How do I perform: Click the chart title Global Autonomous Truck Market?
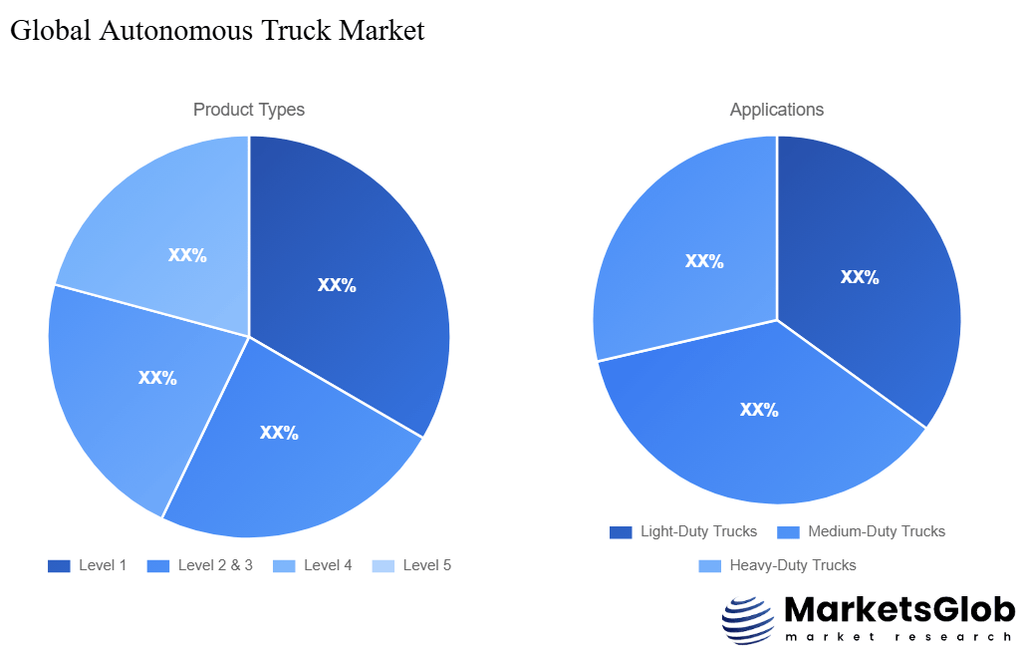tap(217, 31)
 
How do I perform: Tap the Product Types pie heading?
tap(249, 110)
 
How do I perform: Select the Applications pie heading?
tap(777, 110)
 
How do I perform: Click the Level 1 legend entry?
tap(88, 565)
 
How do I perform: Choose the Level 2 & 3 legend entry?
tap(200, 565)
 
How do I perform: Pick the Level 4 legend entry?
tap(313, 565)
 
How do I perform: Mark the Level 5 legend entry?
tap(412, 565)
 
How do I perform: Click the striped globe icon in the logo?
tap(747, 620)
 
